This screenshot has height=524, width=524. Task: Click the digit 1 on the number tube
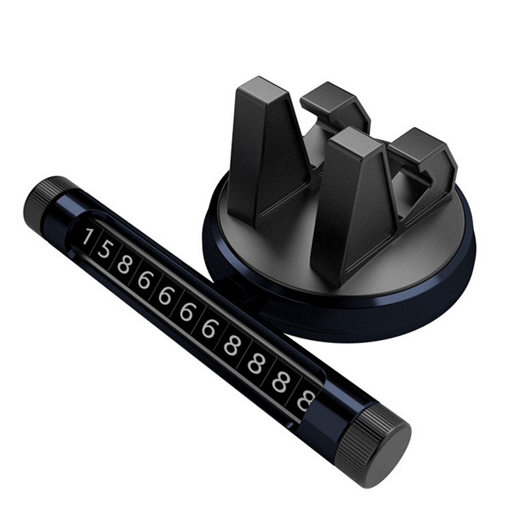tap(87, 236)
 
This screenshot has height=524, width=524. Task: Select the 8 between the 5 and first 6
tap(124, 264)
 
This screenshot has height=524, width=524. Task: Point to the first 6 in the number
tap(144, 279)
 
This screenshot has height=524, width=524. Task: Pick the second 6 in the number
tap(164, 295)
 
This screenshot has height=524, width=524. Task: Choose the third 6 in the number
tap(186, 311)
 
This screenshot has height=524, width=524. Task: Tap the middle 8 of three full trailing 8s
tap(255, 363)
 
